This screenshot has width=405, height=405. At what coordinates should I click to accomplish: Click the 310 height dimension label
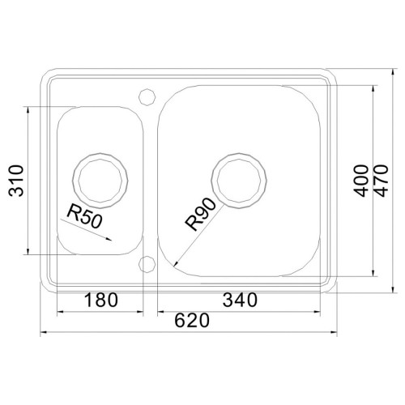tap(16, 181)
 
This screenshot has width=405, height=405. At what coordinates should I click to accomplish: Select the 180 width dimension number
tap(101, 300)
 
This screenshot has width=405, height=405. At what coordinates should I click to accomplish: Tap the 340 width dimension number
tap(240, 300)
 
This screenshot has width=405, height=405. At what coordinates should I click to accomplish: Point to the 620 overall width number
tap(192, 321)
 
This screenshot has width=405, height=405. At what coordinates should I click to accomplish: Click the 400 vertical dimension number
tap(361, 181)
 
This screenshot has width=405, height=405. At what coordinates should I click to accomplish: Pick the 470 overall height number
tap(381, 181)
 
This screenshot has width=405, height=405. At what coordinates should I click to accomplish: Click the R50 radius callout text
tap(85, 216)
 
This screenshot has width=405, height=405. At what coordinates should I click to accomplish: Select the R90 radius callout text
tap(200, 214)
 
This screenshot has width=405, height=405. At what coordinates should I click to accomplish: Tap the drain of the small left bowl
tap(100, 181)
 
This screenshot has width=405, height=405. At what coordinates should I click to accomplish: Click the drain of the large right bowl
tap(239, 181)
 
